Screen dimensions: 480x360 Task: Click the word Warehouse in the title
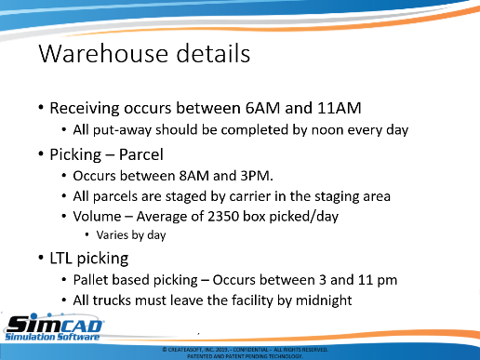click(x=103, y=54)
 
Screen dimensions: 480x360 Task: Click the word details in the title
click(x=213, y=53)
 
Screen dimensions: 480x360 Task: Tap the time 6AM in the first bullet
click(x=262, y=108)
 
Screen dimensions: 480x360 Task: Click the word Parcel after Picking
click(x=141, y=154)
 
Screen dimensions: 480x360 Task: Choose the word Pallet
click(x=90, y=280)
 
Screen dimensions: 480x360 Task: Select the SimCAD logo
click(x=54, y=327)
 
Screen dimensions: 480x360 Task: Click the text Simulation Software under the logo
click(x=52, y=337)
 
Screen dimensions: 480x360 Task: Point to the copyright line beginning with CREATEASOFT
click(x=245, y=350)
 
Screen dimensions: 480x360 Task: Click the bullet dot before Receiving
click(x=41, y=108)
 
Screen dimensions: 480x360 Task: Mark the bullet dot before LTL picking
click(x=41, y=258)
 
